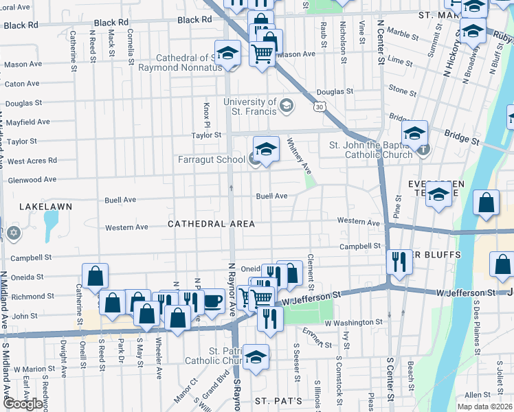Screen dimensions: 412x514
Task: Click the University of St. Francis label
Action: click(250, 107)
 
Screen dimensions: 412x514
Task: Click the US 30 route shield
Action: click(319, 107)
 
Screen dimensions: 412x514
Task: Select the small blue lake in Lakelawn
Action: click(50, 226)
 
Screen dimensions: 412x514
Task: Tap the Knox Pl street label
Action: click(205, 108)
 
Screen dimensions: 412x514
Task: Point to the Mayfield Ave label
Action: click(27, 122)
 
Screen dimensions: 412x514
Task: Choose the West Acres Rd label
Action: click(32, 161)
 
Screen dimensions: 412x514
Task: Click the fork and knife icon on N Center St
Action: click(399, 262)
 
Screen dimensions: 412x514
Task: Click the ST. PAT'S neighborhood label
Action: click(278, 400)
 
